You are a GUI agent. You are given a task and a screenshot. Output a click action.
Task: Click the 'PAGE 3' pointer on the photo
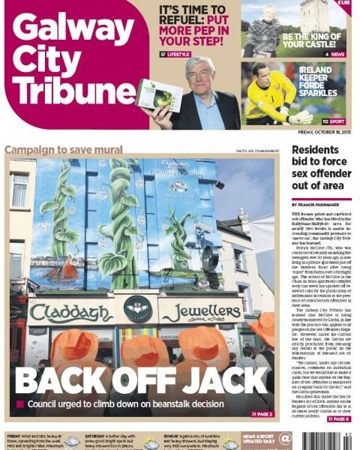(x=262, y=413)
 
